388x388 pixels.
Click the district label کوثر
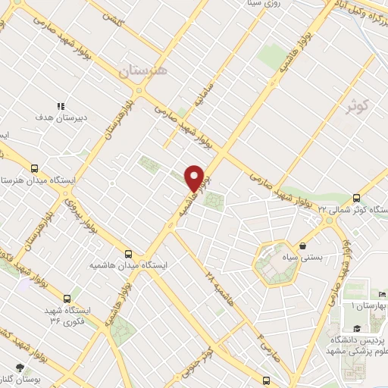tap(357, 105)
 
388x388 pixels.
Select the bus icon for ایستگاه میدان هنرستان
tap(33, 168)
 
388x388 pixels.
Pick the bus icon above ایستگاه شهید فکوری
tap(67, 298)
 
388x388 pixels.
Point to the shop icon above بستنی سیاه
tap(303, 246)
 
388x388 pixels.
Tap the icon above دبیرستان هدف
tap(61, 107)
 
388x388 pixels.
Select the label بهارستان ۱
tap(368, 305)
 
